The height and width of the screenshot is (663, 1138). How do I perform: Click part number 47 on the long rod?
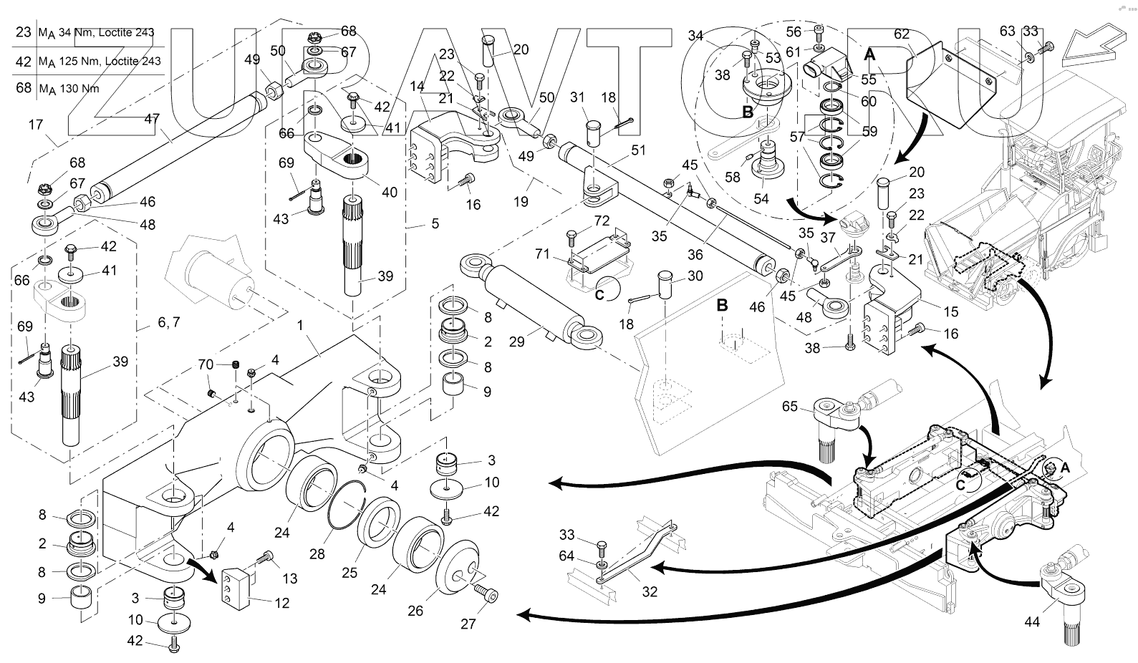pyautogui.click(x=151, y=120)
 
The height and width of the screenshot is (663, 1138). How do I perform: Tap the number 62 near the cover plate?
pyautogui.click(x=902, y=34)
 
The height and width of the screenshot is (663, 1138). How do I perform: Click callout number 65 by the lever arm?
pyautogui.click(x=789, y=407)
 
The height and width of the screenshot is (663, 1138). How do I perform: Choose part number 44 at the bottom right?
pyautogui.click(x=1031, y=622)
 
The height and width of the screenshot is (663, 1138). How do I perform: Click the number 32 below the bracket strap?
pyautogui.click(x=650, y=591)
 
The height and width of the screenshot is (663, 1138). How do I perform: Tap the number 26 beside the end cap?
pyautogui.click(x=415, y=611)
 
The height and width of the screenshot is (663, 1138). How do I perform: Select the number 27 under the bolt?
pyautogui.click(x=468, y=623)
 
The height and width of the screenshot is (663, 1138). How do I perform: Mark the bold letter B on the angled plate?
pyautogui.click(x=723, y=305)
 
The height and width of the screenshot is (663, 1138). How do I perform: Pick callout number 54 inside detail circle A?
pyautogui.click(x=761, y=198)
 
